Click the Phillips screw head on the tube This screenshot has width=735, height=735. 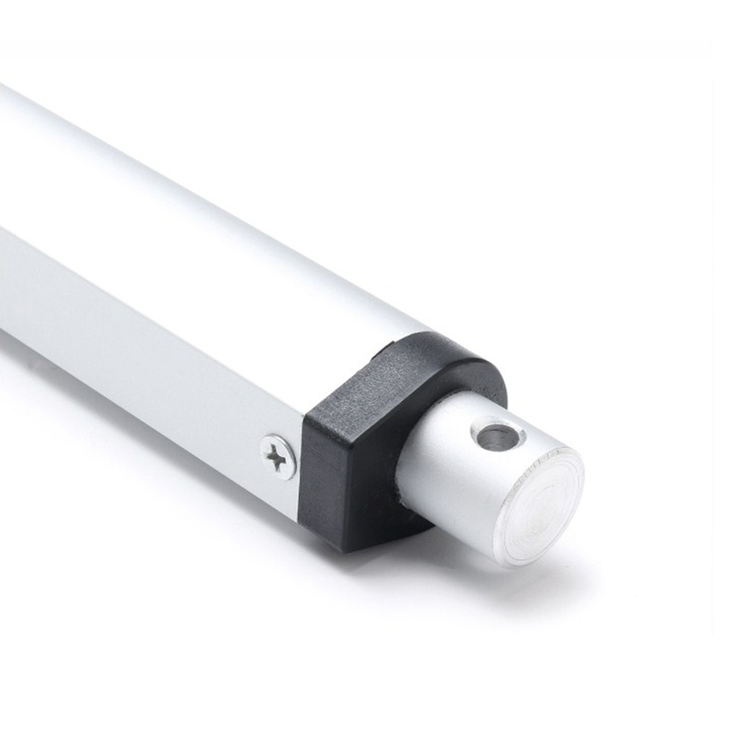[x=279, y=456]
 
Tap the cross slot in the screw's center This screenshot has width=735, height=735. [x=278, y=458]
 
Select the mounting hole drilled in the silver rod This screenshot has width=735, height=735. [x=498, y=436]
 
